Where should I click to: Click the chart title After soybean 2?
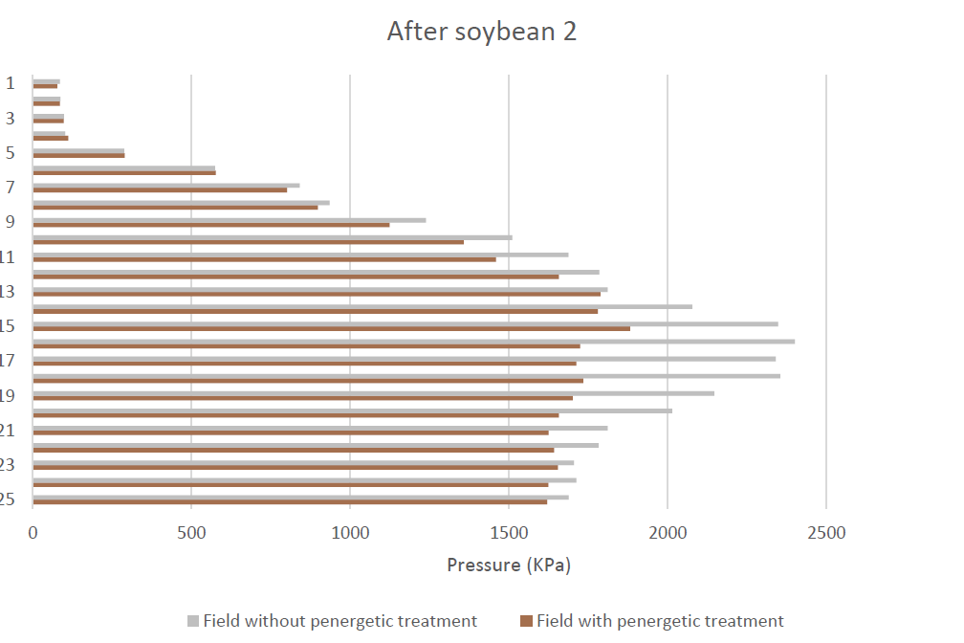tap(481, 32)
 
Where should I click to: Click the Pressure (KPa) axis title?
tap(509, 565)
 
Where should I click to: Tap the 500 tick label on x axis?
tap(191, 533)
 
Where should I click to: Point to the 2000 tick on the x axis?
tap(668, 533)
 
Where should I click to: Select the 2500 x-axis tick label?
tap(826, 533)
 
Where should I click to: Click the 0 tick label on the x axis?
tap(33, 533)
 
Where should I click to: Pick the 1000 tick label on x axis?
tap(350, 533)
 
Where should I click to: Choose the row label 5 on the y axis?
tap(11, 152)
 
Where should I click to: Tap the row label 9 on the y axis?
tap(11, 222)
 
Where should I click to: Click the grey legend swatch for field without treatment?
tap(193, 621)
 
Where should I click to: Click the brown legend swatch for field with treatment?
tap(526, 621)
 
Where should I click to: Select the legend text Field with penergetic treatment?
tap(660, 621)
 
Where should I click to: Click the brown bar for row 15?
tap(331, 328)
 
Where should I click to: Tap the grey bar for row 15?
tap(405, 323)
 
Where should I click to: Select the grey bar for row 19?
tap(374, 393)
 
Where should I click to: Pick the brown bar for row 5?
tap(78, 155)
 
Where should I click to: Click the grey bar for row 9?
tap(230, 220)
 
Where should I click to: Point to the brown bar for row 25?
tap(290, 502)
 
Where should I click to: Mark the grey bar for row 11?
tap(300, 255)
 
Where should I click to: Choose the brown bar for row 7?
tap(160, 189)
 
